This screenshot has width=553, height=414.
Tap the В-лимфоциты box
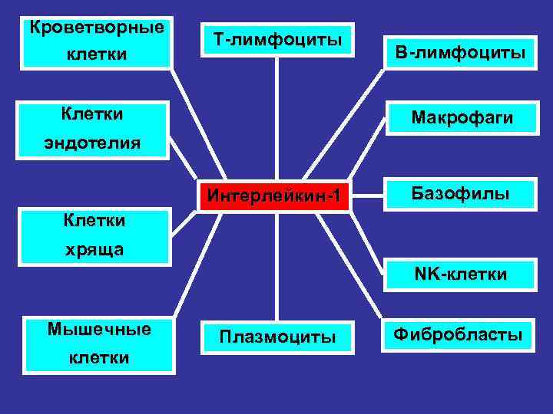[460, 53]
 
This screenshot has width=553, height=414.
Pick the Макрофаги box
[460, 118]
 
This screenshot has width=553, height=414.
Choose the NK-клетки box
[460, 274]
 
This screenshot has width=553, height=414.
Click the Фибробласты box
[459, 334]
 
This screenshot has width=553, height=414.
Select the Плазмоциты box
[277, 337]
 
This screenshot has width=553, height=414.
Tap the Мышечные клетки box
[99, 343]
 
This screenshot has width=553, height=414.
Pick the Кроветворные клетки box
[97, 41]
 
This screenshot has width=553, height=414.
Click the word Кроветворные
[97, 28]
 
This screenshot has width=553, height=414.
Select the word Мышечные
[99, 329]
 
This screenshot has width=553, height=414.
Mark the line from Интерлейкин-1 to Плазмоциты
[276, 264]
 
